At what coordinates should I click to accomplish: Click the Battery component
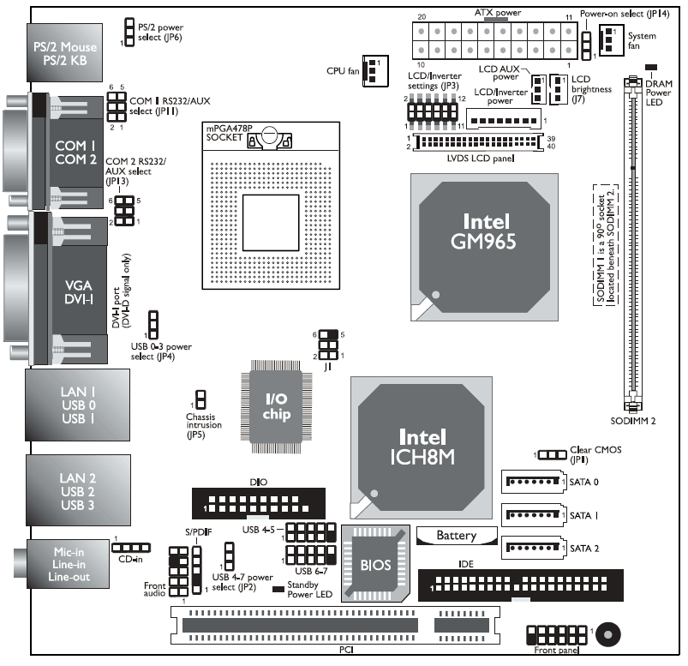[456, 536]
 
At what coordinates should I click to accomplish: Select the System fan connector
[610, 39]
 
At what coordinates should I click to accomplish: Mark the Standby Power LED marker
[278, 589]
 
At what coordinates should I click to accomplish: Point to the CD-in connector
[131, 547]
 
